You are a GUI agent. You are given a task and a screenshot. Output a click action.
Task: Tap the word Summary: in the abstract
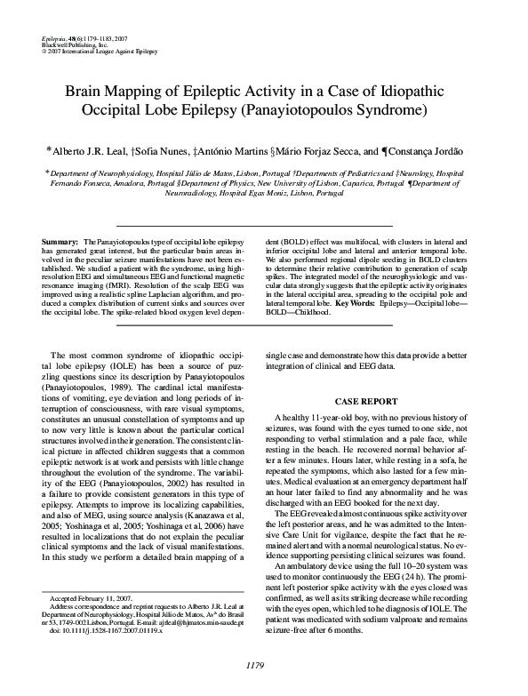pos(60,242)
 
